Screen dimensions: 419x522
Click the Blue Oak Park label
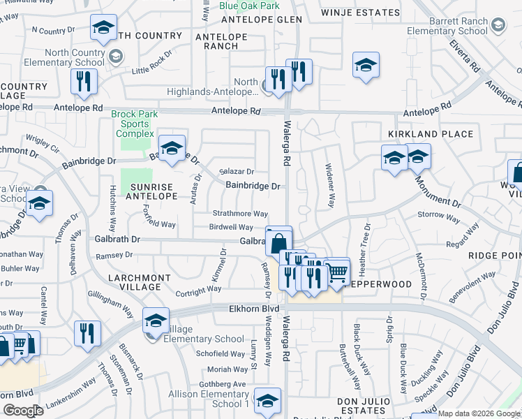click(x=249, y=6)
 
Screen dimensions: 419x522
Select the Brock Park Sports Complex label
click(x=135, y=124)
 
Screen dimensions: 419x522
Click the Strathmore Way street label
click(x=240, y=214)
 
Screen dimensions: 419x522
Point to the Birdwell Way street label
click(x=231, y=227)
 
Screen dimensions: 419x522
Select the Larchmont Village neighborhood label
click(x=140, y=282)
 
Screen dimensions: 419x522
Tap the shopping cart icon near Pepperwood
click(x=337, y=270)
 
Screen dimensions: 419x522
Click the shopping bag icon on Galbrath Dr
click(x=278, y=242)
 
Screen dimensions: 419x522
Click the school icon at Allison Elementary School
click(x=267, y=401)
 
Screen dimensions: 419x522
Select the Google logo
click(x=23, y=410)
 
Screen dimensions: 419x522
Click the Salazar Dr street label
click(x=237, y=172)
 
